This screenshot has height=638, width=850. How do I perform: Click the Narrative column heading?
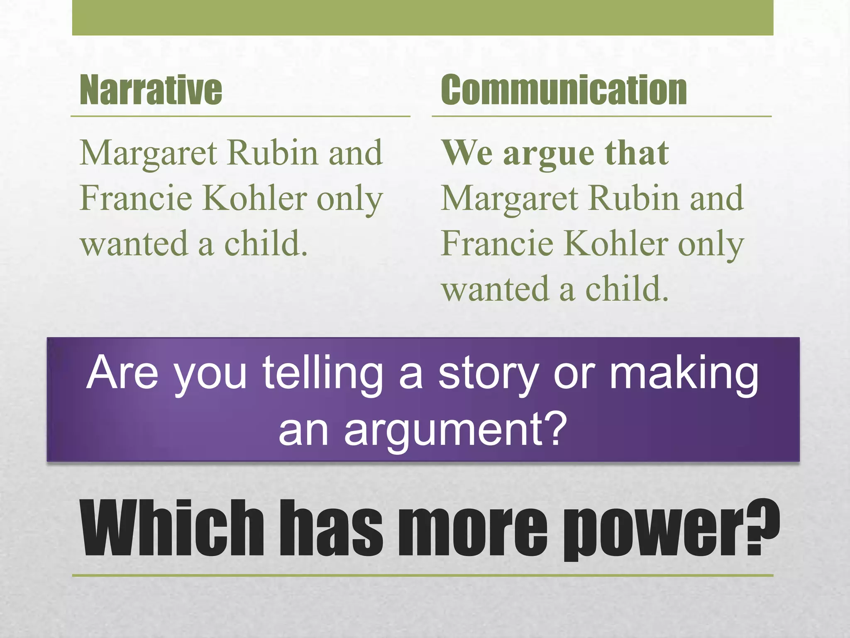click(x=151, y=90)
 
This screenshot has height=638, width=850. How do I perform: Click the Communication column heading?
click(x=564, y=90)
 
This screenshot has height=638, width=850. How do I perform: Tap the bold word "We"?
click(x=467, y=153)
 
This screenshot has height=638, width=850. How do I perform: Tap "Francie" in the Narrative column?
click(x=136, y=199)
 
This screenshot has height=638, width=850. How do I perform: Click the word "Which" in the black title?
click(x=172, y=528)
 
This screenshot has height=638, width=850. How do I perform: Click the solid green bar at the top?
click(x=423, y=17)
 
